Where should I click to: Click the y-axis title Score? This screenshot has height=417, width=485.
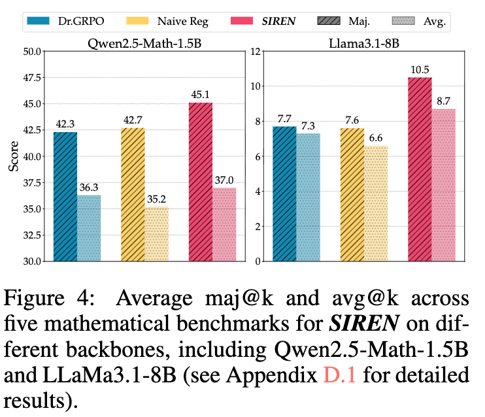[13, 156]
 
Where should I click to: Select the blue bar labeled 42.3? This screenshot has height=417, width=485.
[65, 196]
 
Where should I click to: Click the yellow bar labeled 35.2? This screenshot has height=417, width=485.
[157, 233]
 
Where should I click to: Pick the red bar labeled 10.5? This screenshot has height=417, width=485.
[420, 169]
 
